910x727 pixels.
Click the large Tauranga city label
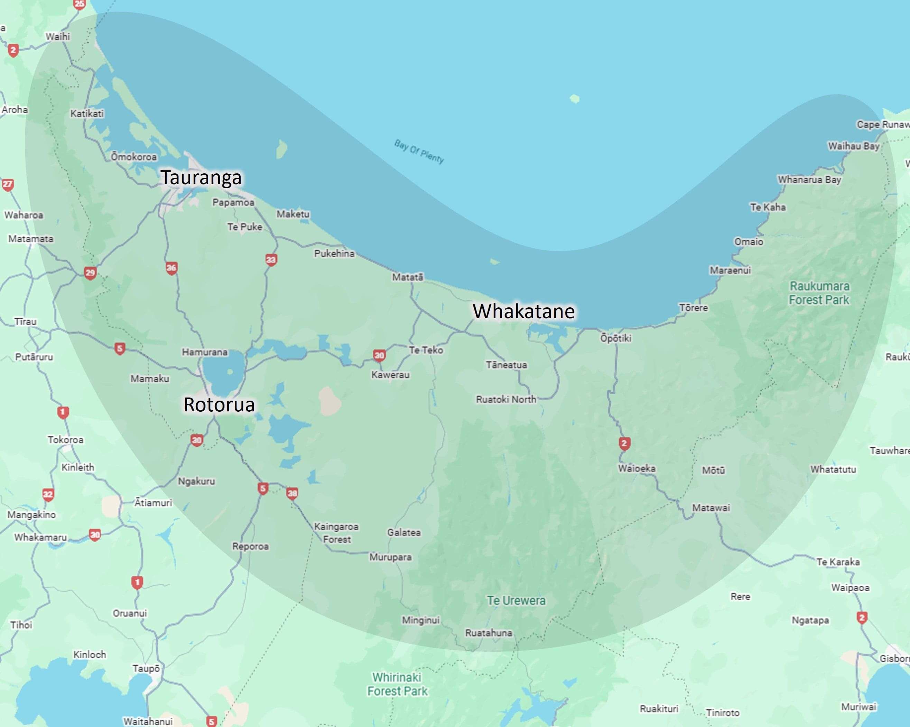201,178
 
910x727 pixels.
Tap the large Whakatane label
523,311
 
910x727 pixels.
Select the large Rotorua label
219,404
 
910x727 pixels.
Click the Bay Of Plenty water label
419,151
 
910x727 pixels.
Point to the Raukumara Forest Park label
819,293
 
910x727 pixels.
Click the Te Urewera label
516,601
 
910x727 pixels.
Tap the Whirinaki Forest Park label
397,684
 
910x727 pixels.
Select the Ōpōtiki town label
616,338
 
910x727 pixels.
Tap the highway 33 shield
271,260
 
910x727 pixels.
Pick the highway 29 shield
90,273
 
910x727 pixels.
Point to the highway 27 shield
8,184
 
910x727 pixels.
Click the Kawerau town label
390,375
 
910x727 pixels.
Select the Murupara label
390,557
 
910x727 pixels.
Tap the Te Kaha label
768,207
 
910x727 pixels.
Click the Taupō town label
146,668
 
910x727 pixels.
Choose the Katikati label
87,113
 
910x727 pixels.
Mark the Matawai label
711,508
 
